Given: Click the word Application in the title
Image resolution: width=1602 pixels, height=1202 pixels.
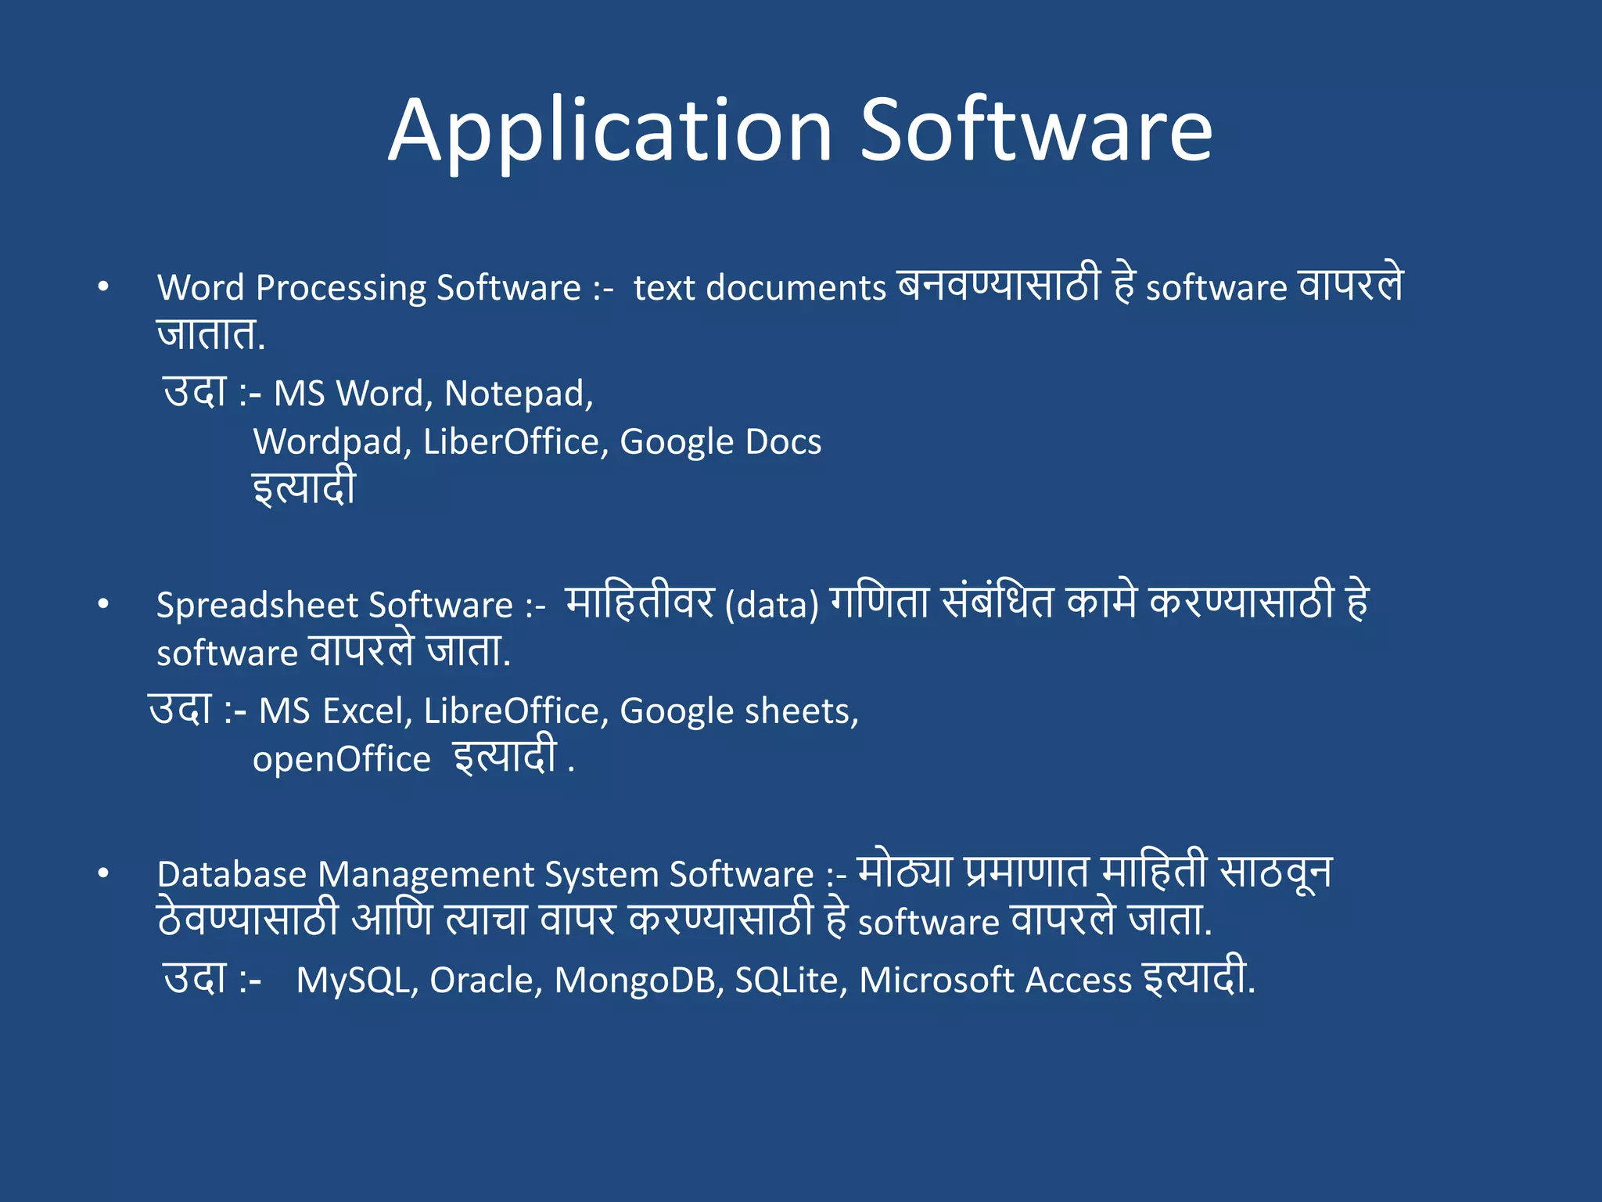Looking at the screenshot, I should pyautogui.click(x=610, y=131).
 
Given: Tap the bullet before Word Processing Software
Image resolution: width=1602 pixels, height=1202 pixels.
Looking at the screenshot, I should pyautogui.click(x=103, y=288).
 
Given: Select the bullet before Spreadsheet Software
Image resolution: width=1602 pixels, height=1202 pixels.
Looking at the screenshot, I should pyautogui.click(x=103, y=605).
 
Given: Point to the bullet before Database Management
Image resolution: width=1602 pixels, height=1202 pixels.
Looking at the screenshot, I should pyautogui.click(x=103, y=874).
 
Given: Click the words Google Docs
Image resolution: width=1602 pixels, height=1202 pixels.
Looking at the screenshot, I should pyautogui.click(x=720, y=442).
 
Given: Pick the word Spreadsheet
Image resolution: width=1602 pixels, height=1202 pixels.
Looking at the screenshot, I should pyautogui.click(x=256, y=605).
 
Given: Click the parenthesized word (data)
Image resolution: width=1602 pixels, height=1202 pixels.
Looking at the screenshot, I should pyautogui.click(x=771, y=606).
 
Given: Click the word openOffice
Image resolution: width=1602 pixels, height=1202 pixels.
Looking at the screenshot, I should pyautogui.click(x=341, y=760).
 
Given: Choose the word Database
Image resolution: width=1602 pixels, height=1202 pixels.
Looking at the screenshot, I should pyautogui.click(x=232, y=874).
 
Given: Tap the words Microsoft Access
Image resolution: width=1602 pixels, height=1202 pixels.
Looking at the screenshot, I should pyautogui.click(x=995, y=981).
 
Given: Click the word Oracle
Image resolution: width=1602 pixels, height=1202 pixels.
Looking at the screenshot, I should pyautogui.click(x=486, y=981).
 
